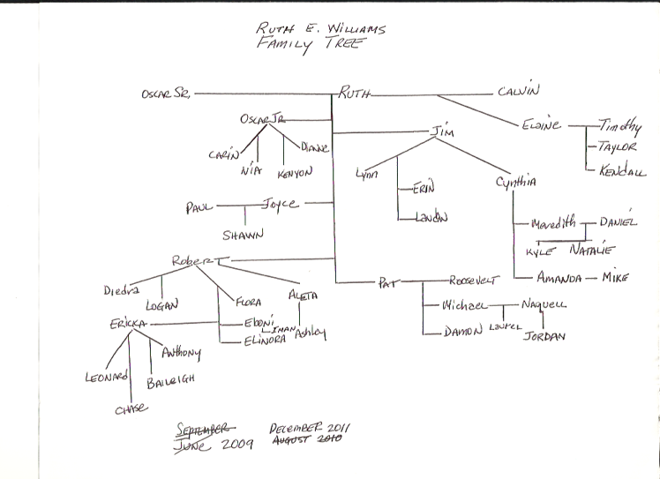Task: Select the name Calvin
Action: click(x=518, y=90)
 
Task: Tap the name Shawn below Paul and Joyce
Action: click(x=244, y=235)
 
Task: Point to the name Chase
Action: click(x=129, y=407)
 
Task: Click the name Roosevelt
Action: click(x=474, y=279)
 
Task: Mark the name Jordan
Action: click(x=543, y=336)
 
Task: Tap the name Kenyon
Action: click(x=295, y=174)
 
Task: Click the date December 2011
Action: click(x=311, y=426)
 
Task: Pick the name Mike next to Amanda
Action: click(x=614, y=278)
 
